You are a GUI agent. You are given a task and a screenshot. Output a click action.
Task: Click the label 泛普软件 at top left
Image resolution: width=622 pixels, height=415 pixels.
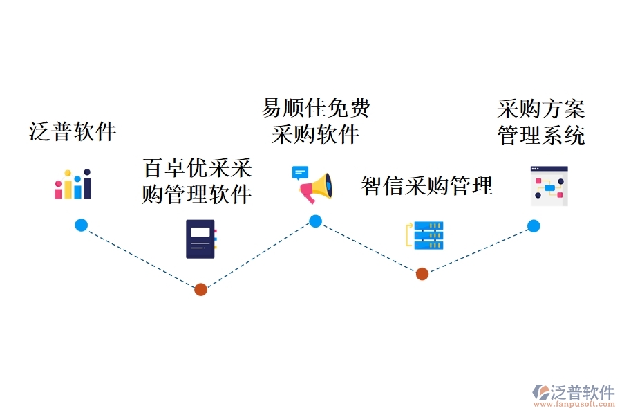(73, 131)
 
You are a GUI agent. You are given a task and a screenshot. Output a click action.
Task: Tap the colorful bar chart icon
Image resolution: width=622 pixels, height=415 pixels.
(73, 184)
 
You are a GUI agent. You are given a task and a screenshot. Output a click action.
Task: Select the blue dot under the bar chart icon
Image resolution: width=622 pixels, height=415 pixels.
(82, 225)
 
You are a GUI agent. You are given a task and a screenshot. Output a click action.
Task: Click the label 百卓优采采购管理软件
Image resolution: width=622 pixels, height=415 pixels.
(197, 182)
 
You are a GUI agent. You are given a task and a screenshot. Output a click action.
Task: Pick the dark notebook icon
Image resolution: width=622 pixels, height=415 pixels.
(200, 239)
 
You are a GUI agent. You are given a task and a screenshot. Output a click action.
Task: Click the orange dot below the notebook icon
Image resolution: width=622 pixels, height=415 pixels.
(200, 289)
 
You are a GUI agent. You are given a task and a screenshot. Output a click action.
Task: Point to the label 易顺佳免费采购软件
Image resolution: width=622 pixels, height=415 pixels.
(316, 121)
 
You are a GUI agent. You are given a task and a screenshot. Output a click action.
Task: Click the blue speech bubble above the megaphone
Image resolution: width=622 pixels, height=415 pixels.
(300, 172)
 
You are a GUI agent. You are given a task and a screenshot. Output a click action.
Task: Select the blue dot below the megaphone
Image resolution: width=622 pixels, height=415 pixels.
(315, 221)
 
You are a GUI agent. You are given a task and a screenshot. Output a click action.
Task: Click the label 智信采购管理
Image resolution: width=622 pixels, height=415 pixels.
(427, 185)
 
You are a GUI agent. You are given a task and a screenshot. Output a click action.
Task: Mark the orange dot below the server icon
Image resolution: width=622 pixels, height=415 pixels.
(422, 274)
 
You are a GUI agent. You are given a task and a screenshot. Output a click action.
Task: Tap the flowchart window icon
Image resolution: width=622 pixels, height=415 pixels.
(549, 185)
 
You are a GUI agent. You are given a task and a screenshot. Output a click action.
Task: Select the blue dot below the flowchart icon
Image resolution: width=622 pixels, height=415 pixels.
(534, 225)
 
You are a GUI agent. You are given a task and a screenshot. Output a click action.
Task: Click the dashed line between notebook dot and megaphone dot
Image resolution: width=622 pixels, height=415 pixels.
(258, 255)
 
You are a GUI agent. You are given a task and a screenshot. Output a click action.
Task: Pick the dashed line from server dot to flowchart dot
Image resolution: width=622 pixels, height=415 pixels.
(478, 250)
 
